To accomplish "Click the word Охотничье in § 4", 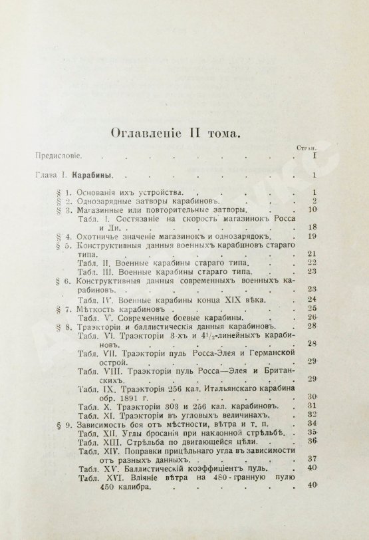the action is click(x=82, y=237).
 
